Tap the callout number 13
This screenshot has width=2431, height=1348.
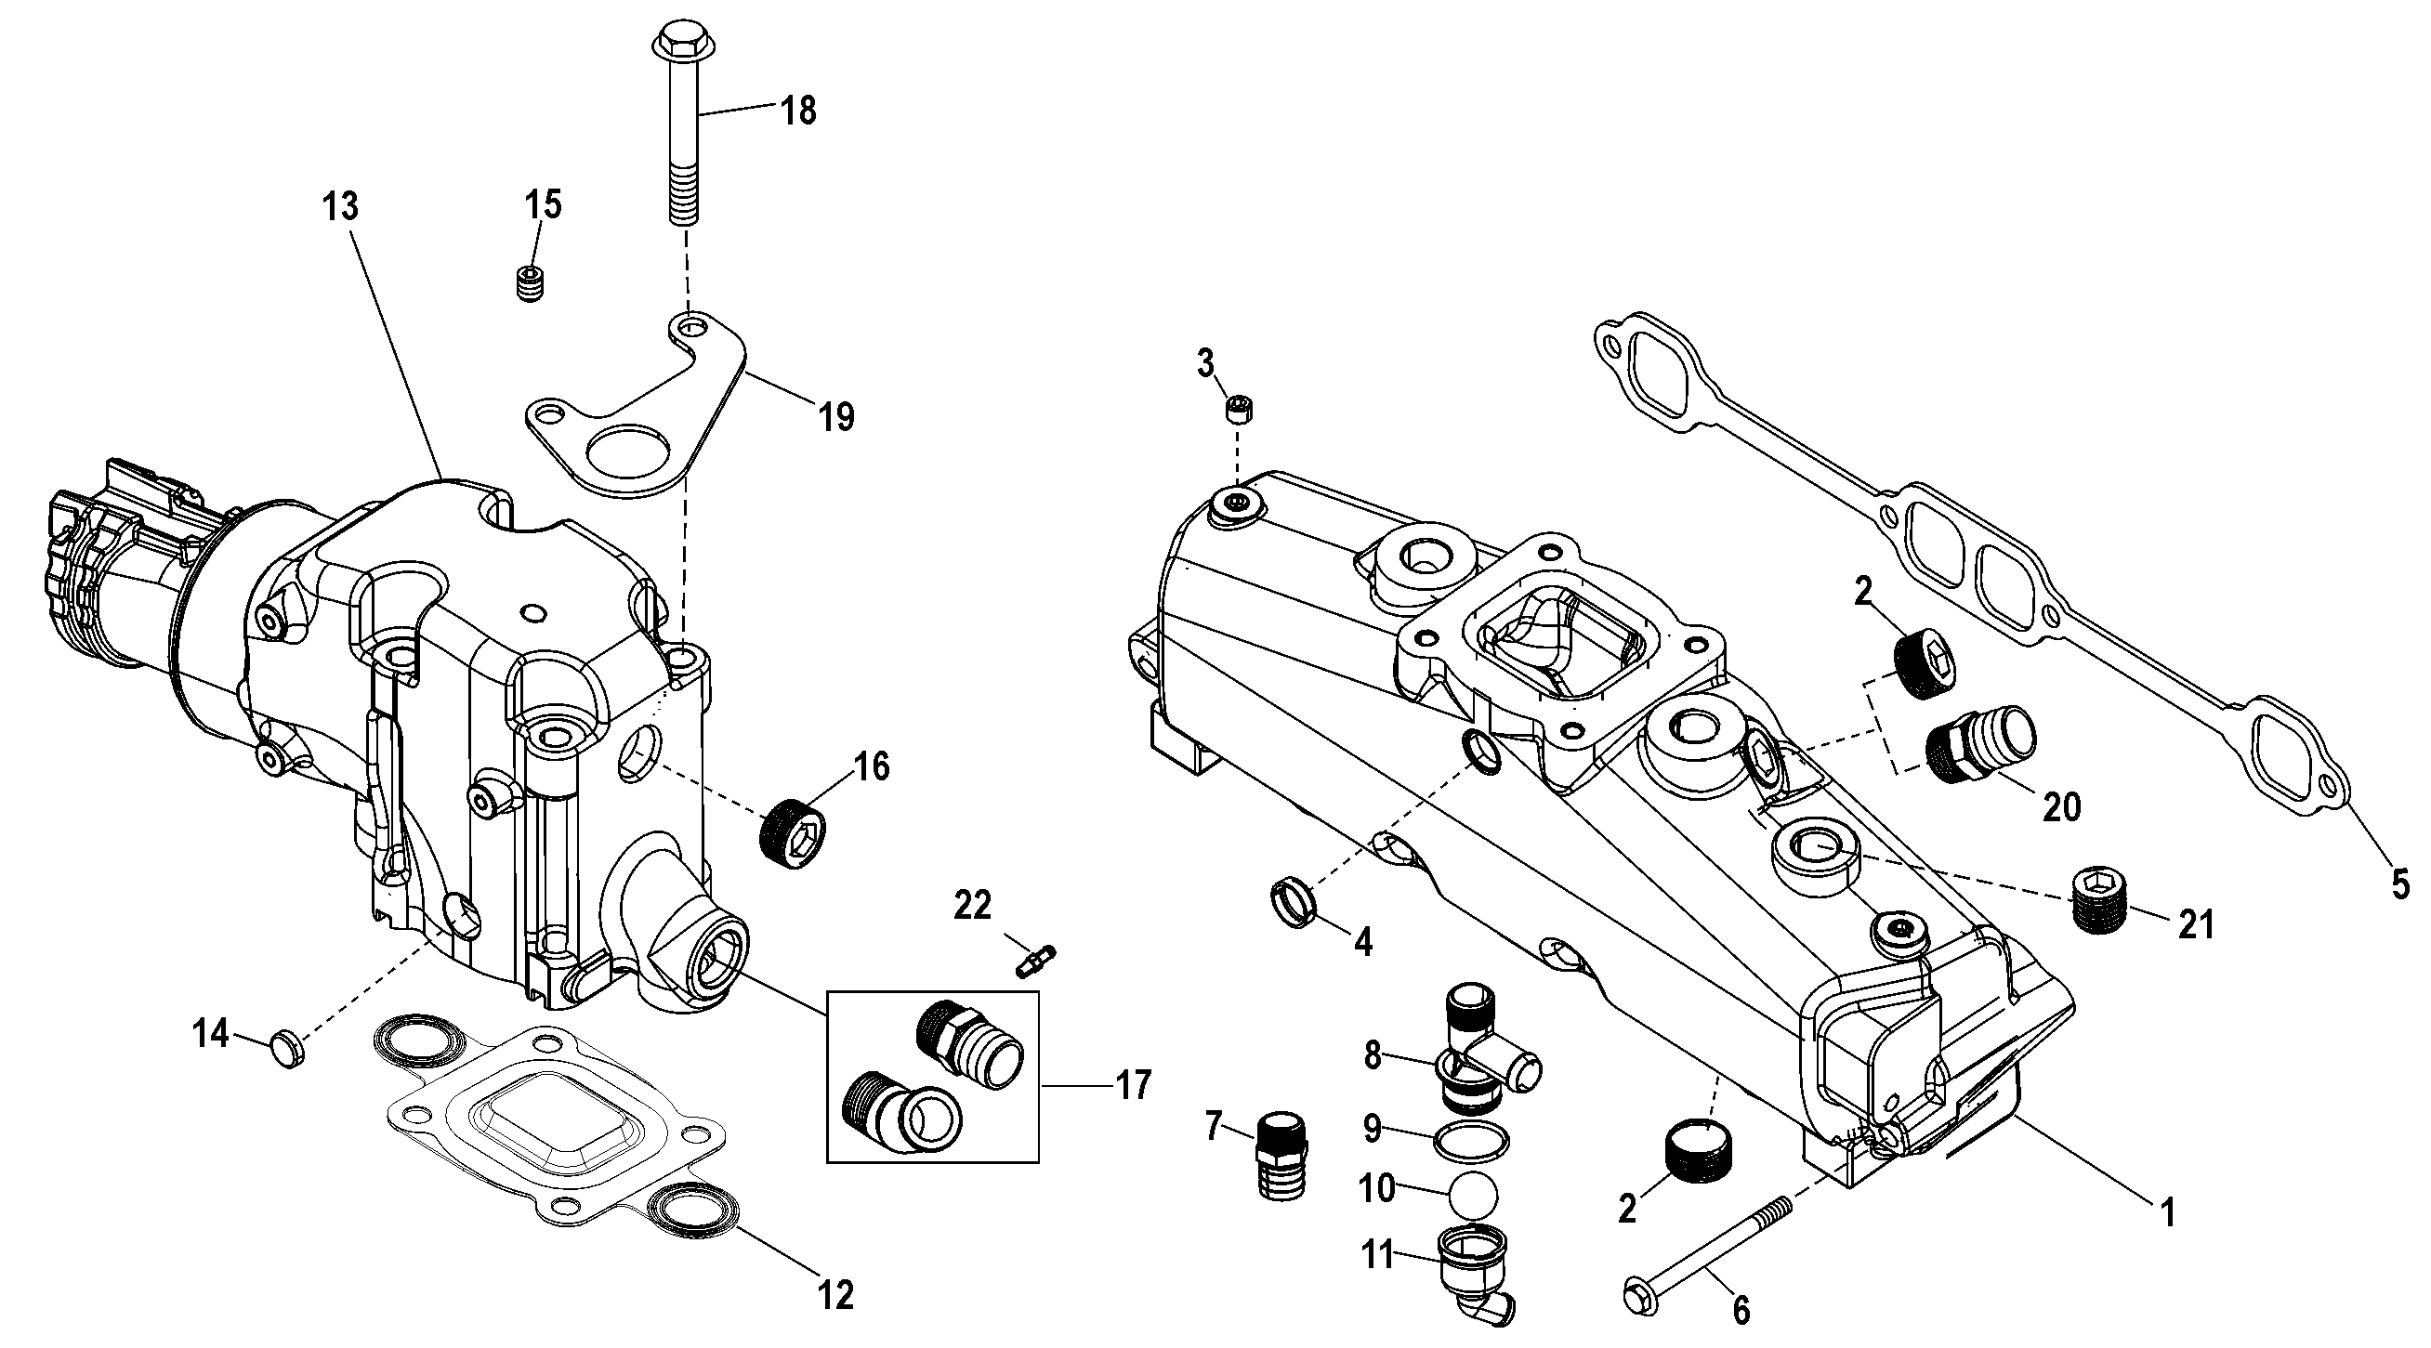341,205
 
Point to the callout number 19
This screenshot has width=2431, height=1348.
836,416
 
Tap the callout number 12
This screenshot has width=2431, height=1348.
836,1294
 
